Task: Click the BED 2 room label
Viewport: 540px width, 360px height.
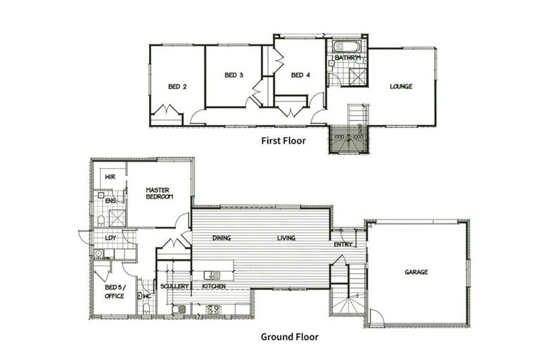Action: tap(177, 87)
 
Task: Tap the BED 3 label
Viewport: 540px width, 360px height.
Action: tap(233, 75)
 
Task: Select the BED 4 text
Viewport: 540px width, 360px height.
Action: tap(300, 75)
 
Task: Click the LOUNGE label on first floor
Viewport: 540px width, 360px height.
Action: tap(401, 87)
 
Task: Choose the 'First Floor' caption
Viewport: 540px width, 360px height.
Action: tap(283, 141)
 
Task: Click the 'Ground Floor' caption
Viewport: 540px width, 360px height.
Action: tap(289, 337)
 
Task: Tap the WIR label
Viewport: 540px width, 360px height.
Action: tap(110, 177)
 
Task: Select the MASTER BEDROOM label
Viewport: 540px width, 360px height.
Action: tap(160, 193)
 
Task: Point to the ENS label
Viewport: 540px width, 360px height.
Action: tap(110, 201)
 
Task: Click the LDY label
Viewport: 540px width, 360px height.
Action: tap(110, 238)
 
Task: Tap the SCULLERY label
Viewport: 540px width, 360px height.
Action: tap(174, 287)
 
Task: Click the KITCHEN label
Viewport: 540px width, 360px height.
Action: tap(214, 287)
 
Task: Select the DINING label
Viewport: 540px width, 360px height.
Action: tap(221, 238)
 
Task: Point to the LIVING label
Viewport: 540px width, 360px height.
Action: tap(285, 238)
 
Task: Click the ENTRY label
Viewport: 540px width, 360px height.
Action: tap(343, 245)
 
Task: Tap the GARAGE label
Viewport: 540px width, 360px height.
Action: tap(416, 272)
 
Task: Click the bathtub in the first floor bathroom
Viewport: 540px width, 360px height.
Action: tap(347, 46)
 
